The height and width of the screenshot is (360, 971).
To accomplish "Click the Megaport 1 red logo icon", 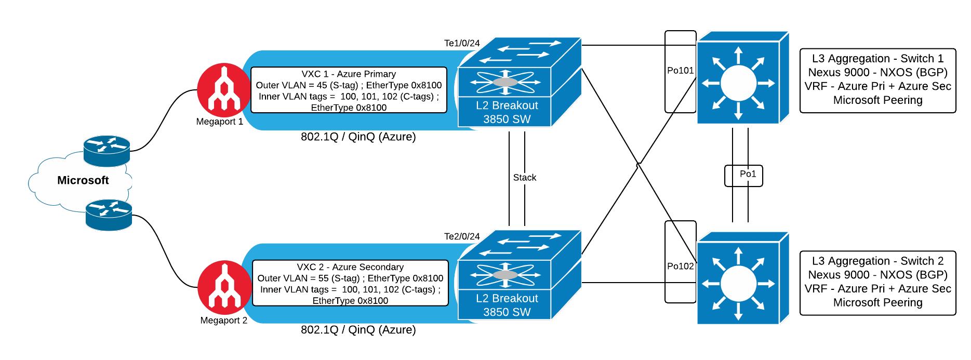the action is (224, 90).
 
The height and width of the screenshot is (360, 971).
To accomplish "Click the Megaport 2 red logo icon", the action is (224, 287).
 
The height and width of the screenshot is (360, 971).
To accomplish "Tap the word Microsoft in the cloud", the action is (83, 180).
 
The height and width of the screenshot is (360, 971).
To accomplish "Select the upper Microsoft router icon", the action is (107, 151).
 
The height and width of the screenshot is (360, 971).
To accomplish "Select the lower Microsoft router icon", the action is (109, 215).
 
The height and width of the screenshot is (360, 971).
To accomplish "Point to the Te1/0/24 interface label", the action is (462, 43).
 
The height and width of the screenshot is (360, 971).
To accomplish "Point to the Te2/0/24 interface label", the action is (462, 236).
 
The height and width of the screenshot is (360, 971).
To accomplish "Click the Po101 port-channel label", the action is (681, 71).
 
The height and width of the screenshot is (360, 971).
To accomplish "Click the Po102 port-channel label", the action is (681, 266).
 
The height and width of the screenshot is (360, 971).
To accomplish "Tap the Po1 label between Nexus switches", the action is (748, 174).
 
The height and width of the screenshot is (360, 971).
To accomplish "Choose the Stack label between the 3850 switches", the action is (525, 177).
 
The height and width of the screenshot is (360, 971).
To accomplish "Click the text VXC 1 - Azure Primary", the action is (349, 74).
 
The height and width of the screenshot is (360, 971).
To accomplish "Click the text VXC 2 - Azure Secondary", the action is (350, 267).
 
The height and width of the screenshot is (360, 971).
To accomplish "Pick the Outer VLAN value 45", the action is (322, 85).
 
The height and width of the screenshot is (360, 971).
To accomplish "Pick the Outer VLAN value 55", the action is (323, 278).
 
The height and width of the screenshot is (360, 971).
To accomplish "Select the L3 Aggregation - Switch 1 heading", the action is (878, 59).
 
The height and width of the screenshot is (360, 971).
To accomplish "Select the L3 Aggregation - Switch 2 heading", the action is (878, 261).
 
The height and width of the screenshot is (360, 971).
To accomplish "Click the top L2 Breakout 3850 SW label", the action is (507, 112).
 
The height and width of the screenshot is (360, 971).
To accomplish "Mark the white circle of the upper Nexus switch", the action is (738, 83).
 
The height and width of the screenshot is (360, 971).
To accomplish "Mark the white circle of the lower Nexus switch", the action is (738, 284).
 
